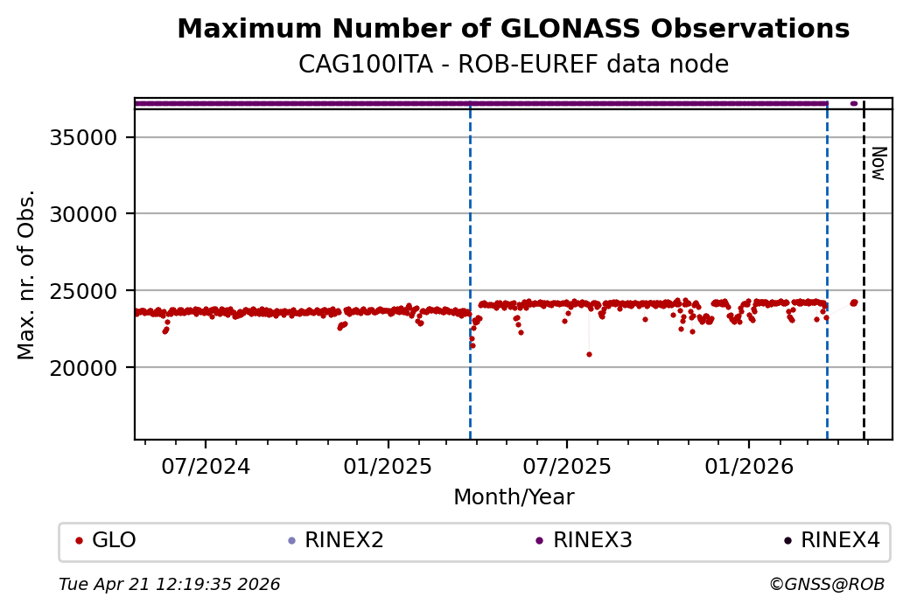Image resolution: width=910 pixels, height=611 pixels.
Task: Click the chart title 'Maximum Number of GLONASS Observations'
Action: point(513,29)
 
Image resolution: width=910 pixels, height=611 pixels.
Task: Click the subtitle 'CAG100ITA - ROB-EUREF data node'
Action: point(513,65)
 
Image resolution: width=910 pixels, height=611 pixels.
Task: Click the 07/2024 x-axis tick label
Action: point(206,466)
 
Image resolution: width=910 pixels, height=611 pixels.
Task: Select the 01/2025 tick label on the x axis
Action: point(387,466)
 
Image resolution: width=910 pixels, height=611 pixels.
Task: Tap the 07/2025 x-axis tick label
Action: point(566,466)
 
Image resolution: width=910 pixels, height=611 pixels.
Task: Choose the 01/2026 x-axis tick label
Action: point(748,466)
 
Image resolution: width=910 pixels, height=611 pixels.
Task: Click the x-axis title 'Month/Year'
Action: point(514,497)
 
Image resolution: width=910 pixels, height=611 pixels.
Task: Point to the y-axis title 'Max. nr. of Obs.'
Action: point(27,274)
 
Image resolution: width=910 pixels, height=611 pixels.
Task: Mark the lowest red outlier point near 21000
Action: point(589,354)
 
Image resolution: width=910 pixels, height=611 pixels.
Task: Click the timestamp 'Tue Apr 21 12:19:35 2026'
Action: point(169,584)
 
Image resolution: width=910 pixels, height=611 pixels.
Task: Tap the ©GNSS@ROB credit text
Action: point(826,584)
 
